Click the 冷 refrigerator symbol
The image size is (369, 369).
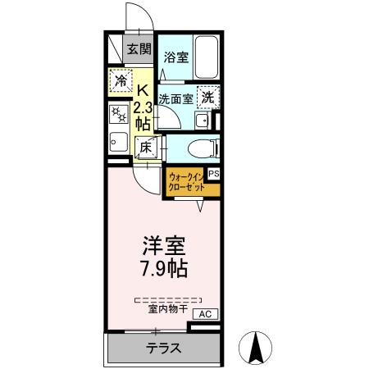point(120,81)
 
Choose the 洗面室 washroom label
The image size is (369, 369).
point(176,98)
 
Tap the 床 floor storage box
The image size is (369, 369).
point(144,148)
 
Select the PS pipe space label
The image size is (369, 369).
point(214,174)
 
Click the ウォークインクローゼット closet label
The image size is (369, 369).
point(186,182)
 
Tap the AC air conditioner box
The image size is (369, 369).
point(204,313)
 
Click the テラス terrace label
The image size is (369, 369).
point(164,348)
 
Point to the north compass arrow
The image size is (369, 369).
point(255,348)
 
